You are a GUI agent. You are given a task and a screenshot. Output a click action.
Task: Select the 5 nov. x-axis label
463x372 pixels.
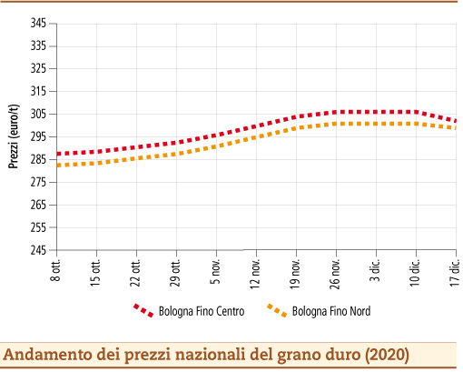click(x=216, y=270)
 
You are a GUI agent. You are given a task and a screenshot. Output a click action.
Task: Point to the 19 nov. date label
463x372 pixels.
click(x=296, y=272)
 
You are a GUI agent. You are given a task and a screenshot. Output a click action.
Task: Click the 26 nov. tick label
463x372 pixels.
click(x=336, y=272)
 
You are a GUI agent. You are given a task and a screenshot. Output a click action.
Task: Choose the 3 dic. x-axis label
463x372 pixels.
click(x=376, y=268)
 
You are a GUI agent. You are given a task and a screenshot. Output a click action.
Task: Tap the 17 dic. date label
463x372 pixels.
click(x=456, y=270)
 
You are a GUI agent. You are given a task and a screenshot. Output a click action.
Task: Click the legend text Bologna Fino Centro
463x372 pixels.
click(x=202, y=311)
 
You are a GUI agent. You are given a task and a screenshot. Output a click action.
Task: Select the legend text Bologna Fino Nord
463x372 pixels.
click(x=331, y=311)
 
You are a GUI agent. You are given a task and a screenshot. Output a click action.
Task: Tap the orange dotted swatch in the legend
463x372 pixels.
click(x=277, y=311)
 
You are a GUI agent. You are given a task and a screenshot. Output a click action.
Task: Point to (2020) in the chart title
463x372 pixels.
click(x=388, y=352)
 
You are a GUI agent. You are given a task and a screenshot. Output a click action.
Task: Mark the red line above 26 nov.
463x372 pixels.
click(x=336, y=113)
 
